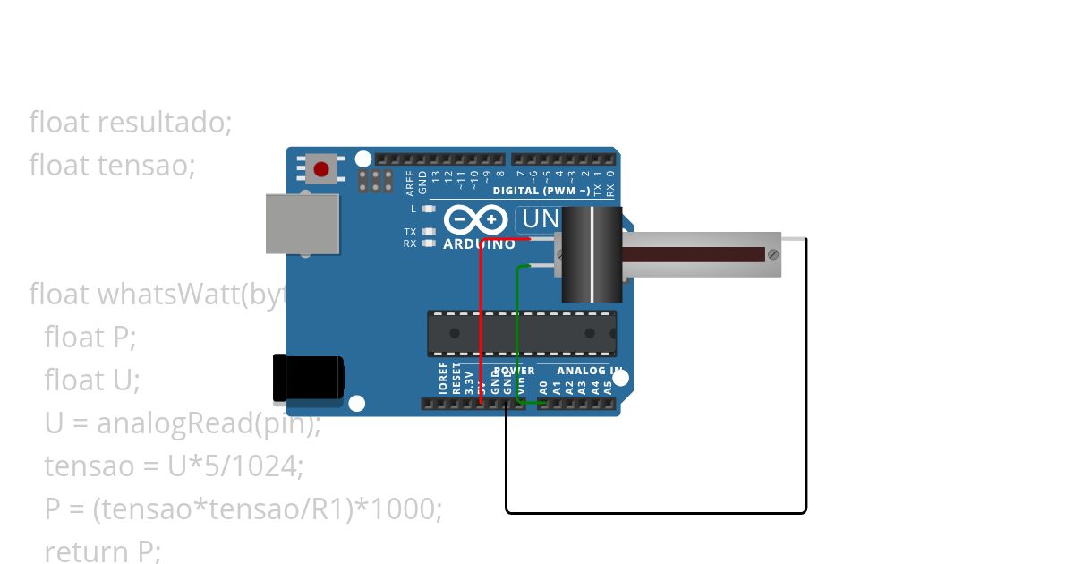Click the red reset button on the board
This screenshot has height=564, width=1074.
click(321, 167)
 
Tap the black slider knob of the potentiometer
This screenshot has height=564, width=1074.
click(591, 254)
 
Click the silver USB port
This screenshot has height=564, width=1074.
click(303, 224)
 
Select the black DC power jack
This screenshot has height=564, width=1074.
click(308, 377)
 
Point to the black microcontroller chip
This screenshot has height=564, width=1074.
click(521, 333)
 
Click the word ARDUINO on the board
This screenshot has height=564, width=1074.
click(479, 244)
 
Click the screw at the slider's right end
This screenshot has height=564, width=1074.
click(772, 254)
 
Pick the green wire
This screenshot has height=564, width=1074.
click(517, 331)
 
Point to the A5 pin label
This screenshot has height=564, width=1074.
click(609, 388)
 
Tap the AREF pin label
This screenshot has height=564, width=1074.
click(410, 183)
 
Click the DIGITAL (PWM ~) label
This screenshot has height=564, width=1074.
click(541, 191)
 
